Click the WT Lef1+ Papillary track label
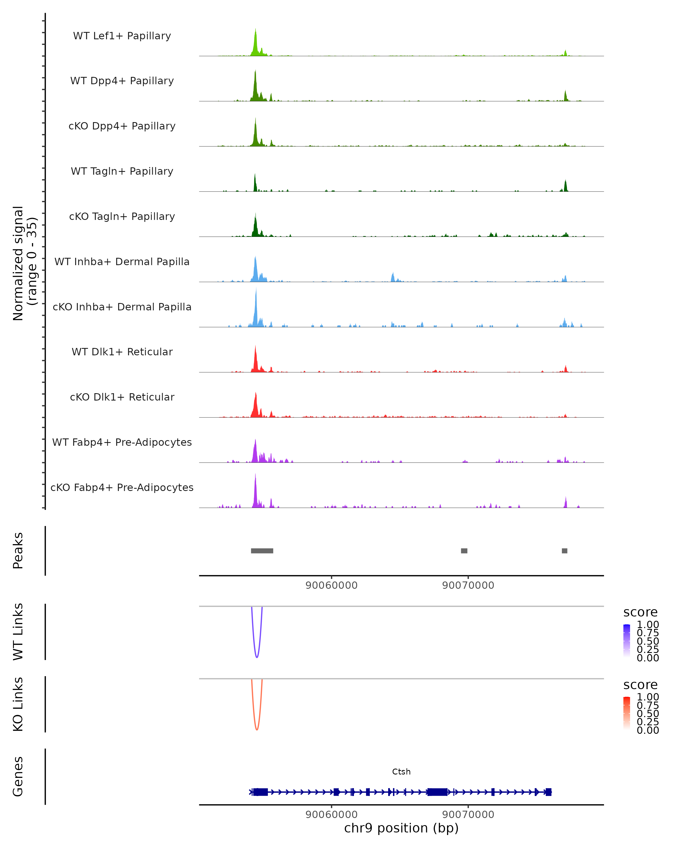pos(122,36)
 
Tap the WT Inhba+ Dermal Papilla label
pos(122,261)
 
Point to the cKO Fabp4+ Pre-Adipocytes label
pos(122,487)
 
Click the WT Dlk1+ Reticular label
pos(122,352)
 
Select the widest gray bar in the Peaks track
pos(262,551)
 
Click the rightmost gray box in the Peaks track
pos(564,551)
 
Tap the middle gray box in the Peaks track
pos(464,551)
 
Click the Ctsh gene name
pos(401,772)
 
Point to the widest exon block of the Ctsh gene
pos(437,792)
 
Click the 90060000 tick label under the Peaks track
pos(331,585)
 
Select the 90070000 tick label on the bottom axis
pos(468,815)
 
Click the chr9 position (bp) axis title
pos(401,828)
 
